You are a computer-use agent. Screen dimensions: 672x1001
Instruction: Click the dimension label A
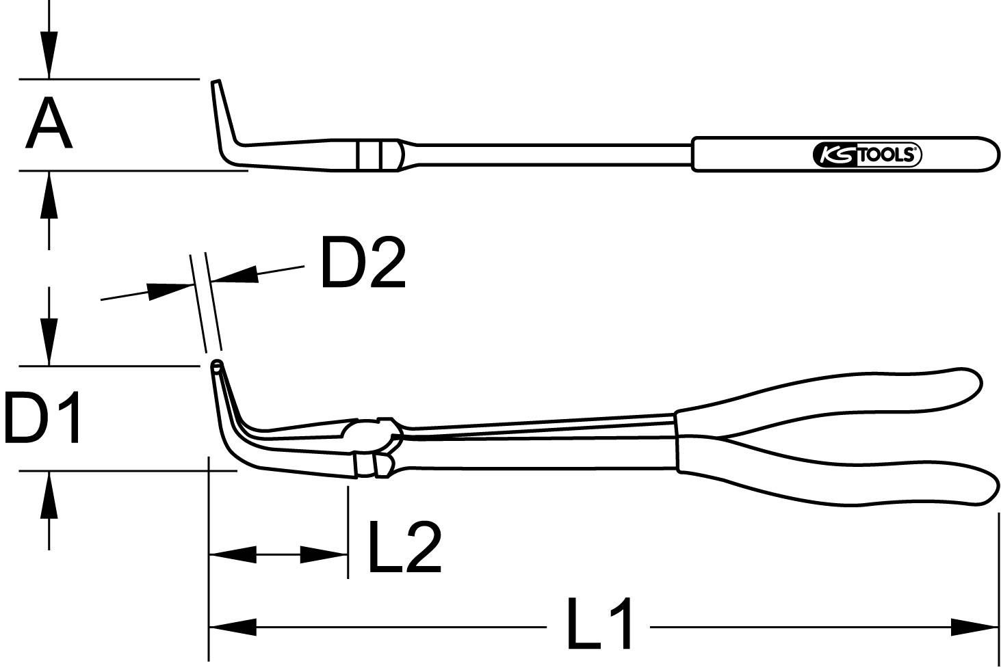48,124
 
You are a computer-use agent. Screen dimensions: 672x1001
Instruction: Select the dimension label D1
42,417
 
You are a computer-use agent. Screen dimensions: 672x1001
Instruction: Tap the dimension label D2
363,263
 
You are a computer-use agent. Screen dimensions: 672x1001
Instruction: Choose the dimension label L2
404,547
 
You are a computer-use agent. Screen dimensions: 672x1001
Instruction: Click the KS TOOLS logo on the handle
867,155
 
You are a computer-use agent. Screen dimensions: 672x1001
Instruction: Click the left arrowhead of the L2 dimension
231,554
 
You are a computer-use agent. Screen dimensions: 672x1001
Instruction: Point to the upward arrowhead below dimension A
48,194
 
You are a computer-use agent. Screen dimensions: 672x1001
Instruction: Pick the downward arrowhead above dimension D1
48,340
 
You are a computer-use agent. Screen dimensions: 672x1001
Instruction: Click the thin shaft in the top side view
547,154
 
